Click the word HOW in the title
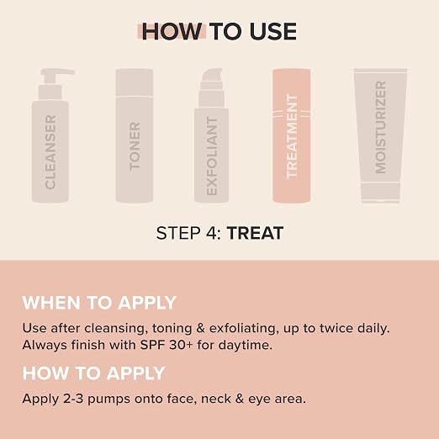point(172,31)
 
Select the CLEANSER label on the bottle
point(50,151)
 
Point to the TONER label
point(135,145)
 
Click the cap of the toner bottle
point(135,82)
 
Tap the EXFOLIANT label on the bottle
point(212,156)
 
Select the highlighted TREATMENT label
point(292,136)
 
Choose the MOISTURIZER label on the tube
point(380,127)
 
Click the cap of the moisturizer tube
point(380,192)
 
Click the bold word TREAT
point(255,233)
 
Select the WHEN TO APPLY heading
point(99,303)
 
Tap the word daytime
point(246,345)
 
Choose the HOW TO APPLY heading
point(94,373)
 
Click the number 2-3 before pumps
point(73,399)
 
